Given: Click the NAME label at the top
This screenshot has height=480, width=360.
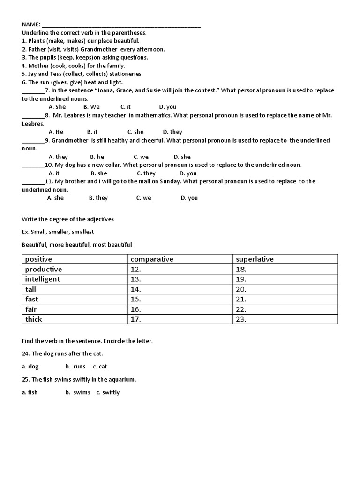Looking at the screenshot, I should point(31,24).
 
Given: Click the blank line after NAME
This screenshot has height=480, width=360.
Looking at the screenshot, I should point(121,26).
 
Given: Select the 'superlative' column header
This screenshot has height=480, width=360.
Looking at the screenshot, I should point(255,259).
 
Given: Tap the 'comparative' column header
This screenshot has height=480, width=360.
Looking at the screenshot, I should point(152,259).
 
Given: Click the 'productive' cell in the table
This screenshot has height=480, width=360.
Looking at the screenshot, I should point(44,269).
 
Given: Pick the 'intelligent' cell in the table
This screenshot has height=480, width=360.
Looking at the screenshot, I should point(43,279).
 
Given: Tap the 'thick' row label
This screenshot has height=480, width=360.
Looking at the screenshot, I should point(34,319).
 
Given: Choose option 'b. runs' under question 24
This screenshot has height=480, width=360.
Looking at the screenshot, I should point(75,367).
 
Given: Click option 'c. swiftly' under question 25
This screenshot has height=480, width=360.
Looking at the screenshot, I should point(108,392).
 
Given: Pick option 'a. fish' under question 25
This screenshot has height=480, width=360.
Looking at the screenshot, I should point(30,392).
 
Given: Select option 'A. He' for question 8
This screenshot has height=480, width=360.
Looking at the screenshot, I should point(56,132).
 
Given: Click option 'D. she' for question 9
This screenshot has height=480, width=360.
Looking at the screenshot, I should point(182,157).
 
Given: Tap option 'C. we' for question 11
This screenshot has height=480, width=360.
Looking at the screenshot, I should point(143,198).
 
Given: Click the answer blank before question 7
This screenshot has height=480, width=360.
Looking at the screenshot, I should point(33,91).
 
